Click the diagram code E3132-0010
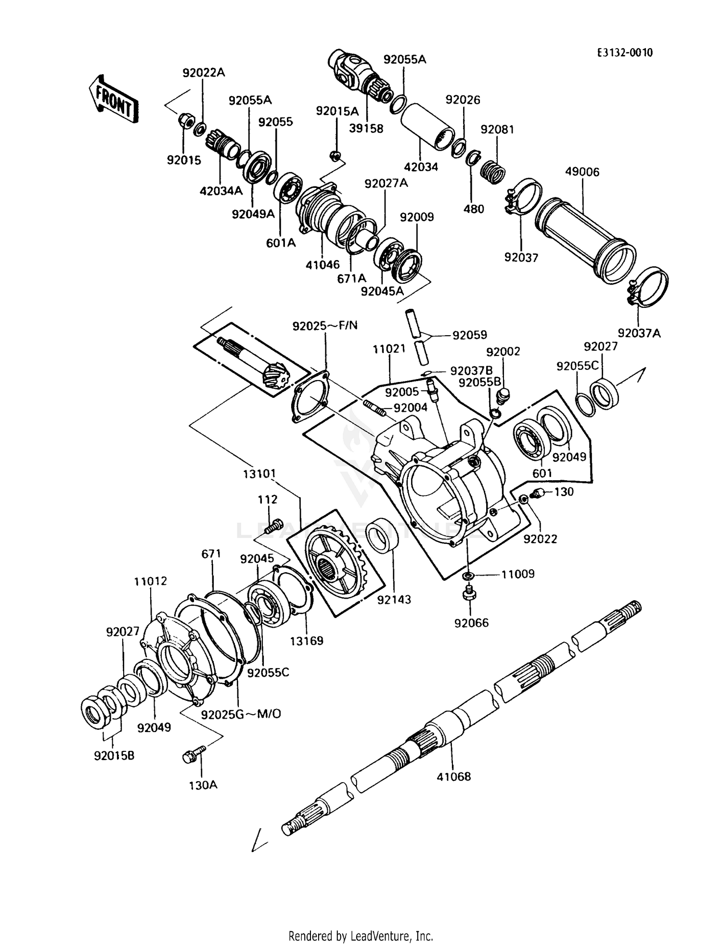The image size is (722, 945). pos(624,53)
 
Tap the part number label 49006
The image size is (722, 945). pos(582,172)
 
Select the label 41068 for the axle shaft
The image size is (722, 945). pos(453,776)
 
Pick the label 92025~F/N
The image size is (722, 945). pos(325,326)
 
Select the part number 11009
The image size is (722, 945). pos(518,574)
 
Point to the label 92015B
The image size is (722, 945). pos(114,756)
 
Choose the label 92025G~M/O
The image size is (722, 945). pos(241,714)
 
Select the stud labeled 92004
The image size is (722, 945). pos(374,407)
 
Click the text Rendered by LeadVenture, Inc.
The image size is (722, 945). pos(361,936)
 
